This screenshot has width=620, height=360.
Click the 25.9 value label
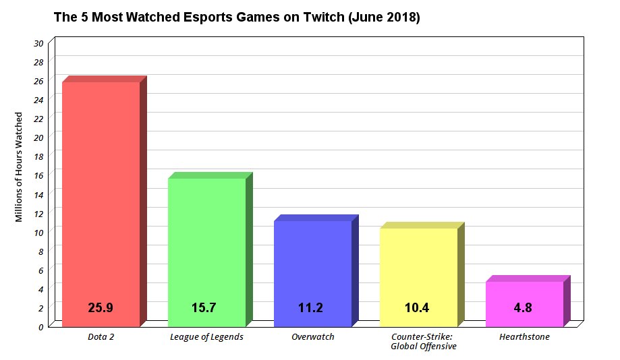101,308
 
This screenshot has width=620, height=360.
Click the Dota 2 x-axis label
101,337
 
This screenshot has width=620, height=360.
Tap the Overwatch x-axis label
312,337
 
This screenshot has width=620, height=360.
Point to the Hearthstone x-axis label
524,337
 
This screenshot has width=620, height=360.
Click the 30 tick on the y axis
38,43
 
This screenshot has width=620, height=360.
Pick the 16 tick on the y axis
38,175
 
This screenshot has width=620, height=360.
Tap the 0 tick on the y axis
40,327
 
